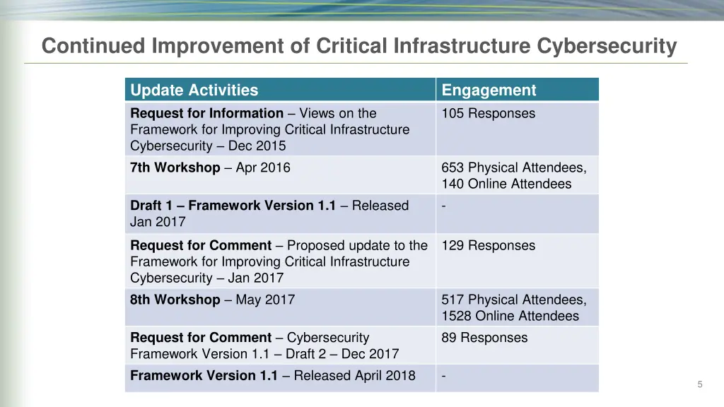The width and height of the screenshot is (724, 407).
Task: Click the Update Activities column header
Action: pos(194,90)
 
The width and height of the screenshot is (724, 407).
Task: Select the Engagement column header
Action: pos(489,90)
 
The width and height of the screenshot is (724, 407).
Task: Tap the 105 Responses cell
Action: pos(489,114)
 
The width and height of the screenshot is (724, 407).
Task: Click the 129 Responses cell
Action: pos(489,246)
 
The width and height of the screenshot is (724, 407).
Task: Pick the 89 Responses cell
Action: pos(484,338)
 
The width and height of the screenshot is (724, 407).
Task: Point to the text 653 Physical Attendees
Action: pos(514,168)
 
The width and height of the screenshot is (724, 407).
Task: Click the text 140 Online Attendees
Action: pos(506,184)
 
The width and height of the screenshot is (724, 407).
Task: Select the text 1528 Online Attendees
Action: pos(510,317)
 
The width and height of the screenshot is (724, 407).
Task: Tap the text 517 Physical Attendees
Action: pos(514,300)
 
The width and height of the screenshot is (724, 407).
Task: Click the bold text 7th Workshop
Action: pos(175,168)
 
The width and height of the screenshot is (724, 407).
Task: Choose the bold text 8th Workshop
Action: pos(175,300)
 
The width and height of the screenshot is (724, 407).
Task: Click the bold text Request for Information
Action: pos(206,114)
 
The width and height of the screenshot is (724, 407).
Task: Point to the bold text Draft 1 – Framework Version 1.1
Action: pos(233,206)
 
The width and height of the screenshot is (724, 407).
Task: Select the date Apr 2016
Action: pos(263,168)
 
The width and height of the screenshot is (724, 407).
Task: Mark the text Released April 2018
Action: pos(354,376)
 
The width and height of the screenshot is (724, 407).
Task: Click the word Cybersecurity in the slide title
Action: pos(607,47)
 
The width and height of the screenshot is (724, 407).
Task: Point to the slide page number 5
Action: pos(700,384)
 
